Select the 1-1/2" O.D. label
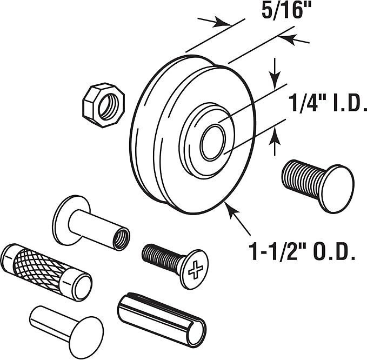click(302, 251)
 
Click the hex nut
click(103, 105)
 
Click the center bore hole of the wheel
click(213, 143)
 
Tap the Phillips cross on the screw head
click(196, 270)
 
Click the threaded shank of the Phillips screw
click(162, 257)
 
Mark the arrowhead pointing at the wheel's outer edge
click(232, 210)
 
